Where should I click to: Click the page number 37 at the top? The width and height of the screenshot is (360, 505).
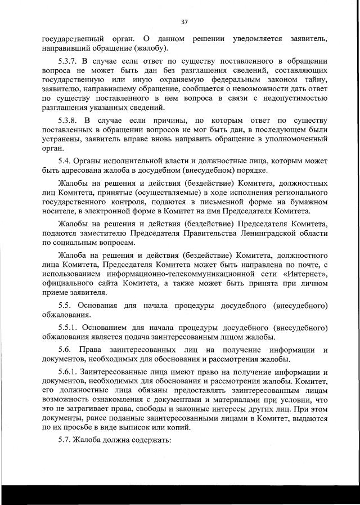coord(184,22)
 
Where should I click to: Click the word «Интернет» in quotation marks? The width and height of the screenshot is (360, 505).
coord(307,274)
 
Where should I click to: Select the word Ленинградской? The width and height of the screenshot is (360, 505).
coord(263,233)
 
